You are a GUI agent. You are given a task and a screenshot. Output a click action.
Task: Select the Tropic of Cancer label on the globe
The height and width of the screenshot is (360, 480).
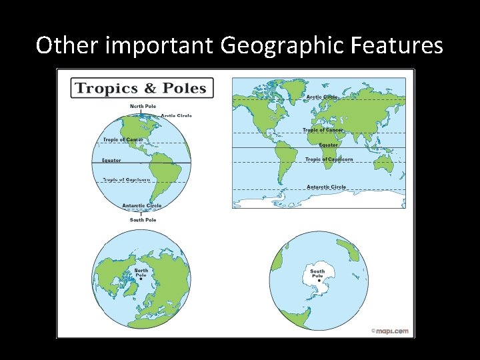click(x=123, y=140)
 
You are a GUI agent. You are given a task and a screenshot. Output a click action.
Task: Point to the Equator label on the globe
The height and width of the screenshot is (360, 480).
click(x=111, y=160)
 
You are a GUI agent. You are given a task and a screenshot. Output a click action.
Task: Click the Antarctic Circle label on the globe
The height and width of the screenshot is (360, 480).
click(x=141, y=206)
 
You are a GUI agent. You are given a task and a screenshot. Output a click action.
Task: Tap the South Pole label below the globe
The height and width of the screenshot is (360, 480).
click(x=143, y=220)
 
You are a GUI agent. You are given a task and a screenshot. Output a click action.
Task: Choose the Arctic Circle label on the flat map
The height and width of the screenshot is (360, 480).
click(x=322, y=97)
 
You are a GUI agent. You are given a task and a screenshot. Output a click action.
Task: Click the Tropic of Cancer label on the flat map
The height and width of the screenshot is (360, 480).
click(x=323, y=130)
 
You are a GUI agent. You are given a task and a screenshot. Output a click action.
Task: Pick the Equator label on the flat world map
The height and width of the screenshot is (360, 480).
click(x=328, y=145)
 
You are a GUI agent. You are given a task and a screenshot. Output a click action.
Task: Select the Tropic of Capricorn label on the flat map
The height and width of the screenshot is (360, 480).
click(x=327, y=159)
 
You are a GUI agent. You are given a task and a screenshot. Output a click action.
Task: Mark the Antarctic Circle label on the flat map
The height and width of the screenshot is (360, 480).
click(x=326, y=187)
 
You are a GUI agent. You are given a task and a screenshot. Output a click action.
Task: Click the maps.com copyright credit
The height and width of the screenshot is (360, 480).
click(x=390, y=331)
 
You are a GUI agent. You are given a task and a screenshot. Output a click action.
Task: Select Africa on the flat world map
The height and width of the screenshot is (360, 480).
click(x=287, y=147)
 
